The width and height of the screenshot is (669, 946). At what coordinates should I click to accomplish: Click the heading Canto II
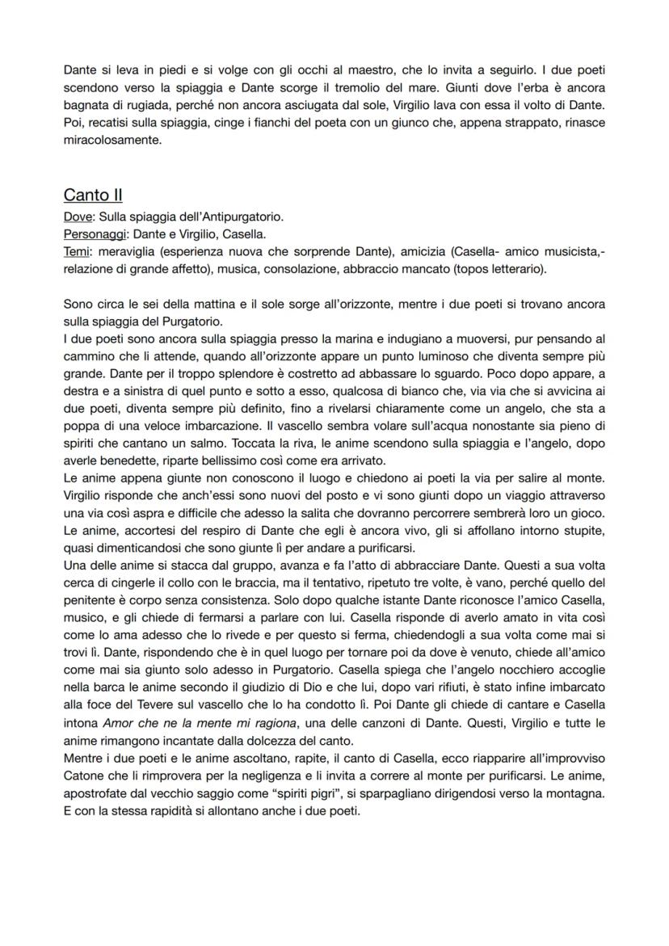click(93, 196)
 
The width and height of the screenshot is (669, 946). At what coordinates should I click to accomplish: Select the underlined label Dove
click(77, 217)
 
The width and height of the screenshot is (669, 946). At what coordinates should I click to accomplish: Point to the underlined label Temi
click(75, 252)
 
